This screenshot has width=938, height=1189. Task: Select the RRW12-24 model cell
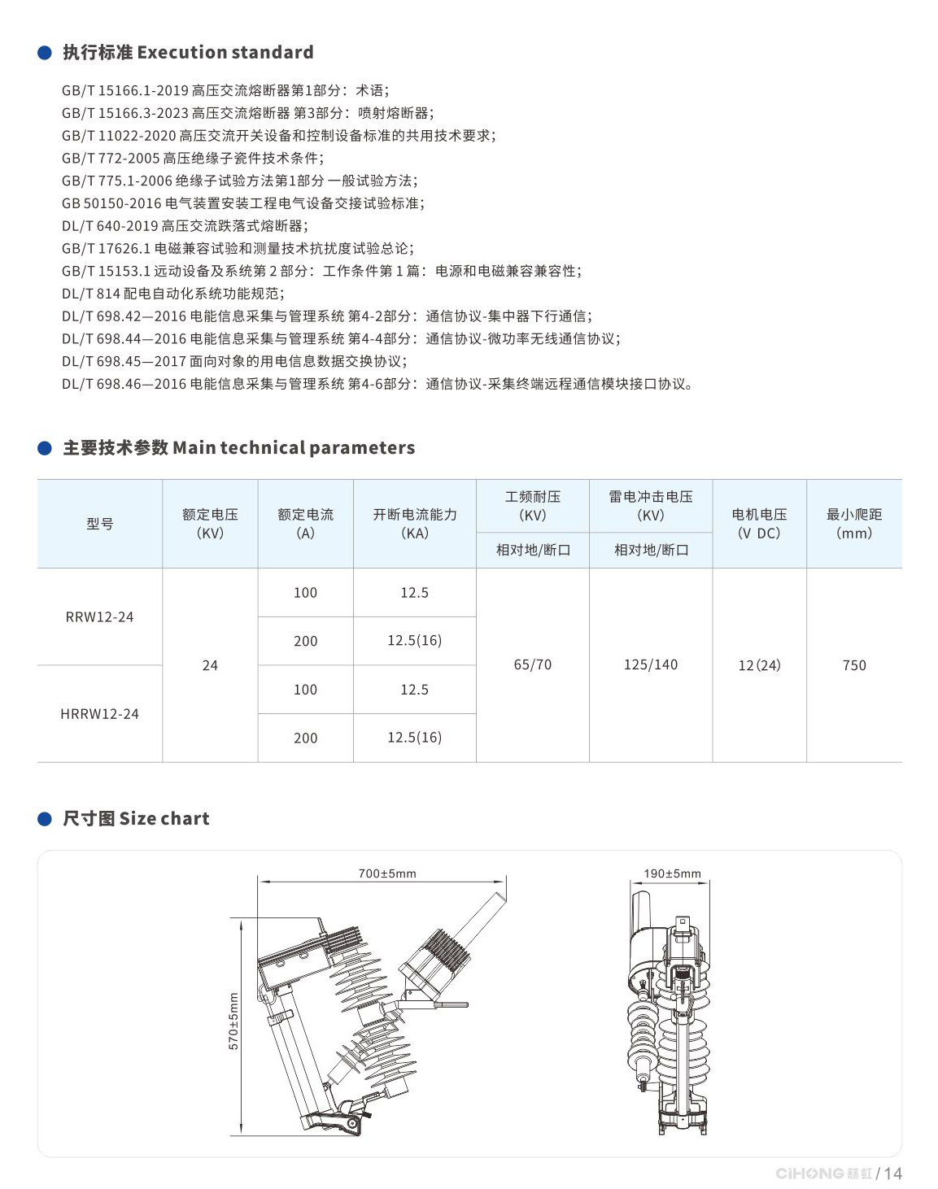point(99,616)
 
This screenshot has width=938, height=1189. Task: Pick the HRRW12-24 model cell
point(99,713)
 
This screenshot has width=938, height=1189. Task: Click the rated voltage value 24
point(210,665)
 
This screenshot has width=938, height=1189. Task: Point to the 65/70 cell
point(533,664)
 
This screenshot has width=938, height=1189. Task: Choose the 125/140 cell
point(651,664)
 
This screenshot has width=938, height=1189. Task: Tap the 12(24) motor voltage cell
point(759,665)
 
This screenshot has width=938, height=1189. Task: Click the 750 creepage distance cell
point(854,665)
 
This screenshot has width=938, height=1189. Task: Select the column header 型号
point(99,524)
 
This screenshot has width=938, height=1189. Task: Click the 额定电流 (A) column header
point(305,523)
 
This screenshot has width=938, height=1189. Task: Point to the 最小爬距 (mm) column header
point(854,523)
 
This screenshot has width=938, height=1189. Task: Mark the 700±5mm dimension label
point(387,873)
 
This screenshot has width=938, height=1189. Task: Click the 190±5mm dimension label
point(672,873)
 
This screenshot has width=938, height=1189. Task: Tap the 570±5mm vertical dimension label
point(233,1021)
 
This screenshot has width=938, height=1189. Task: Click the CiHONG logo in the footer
point(822,1173)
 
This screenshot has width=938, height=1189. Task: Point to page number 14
point(893,1173)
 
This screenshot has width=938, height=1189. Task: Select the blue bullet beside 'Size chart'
point(45,819)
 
